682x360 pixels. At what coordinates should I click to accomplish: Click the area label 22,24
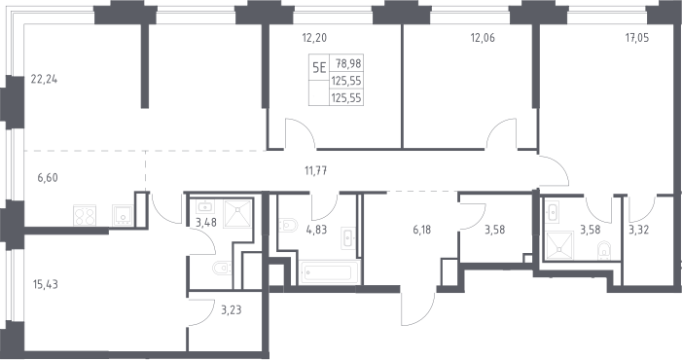(44, 80)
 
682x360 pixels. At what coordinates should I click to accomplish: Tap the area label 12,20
(314, 38)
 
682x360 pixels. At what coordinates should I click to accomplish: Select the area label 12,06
(483, 38)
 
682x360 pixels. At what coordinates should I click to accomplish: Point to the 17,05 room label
(637, 38)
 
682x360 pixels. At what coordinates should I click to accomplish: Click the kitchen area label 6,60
(48, 177)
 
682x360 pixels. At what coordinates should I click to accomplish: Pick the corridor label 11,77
(316, 171)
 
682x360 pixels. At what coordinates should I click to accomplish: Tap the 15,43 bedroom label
(45, 284)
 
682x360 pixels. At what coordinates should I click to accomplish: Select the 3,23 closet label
(231, 310)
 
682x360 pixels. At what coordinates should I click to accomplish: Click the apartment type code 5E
(319, 68)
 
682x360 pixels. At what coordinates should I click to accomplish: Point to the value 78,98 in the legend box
(348, 64)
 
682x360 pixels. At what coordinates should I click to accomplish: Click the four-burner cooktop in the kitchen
(85, 216)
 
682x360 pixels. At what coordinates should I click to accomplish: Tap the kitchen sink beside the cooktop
(124, 216)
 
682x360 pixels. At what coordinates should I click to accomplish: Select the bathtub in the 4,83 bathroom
(329, 272)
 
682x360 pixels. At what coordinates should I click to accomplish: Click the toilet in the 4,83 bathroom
(288, 225)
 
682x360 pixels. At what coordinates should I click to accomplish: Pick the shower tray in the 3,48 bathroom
(237, 213)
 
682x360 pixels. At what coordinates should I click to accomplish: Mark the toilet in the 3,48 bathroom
(222, 268)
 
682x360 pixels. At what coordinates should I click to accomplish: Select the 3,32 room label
(638, 230)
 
